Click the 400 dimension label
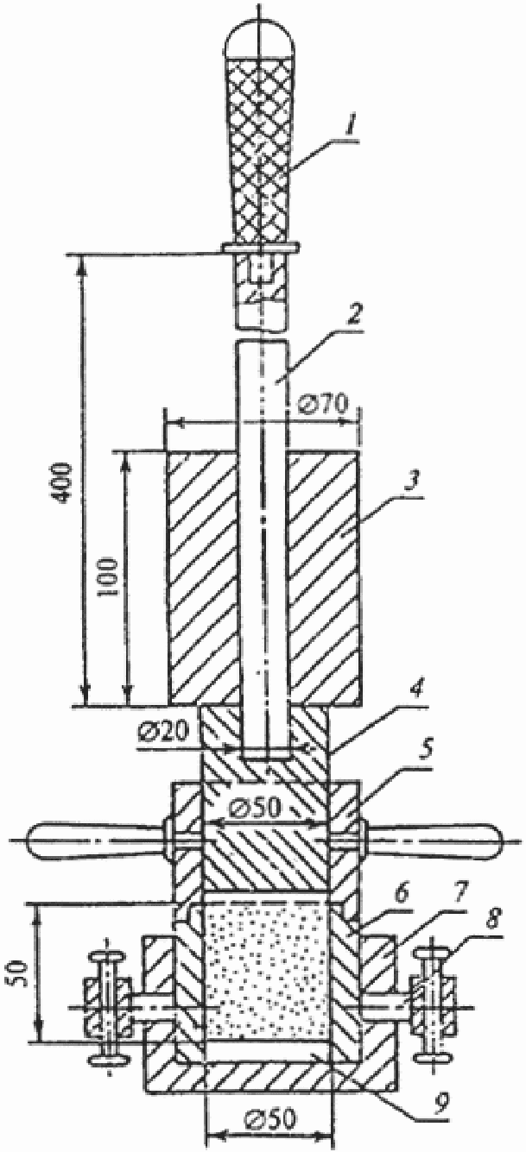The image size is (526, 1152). tap(64, 482)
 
